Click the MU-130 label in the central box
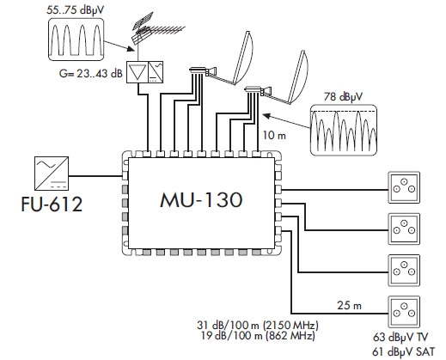pyautogui.click(x=201, y=200)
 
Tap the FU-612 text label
pyautogui.click(x=52, y=204)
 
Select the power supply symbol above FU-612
pyautogui.click(x=52, y=174)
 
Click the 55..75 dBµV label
pyautogui.click(x=76, y=10)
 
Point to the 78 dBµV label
pyautogui.click(x=343, y=97)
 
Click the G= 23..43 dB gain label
pyautogui.click(x=91, y=74)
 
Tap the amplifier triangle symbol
pyautogui.click(x=137, y=72)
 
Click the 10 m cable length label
pyautogui.click(x=274, y=135)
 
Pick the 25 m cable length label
pyautogui.click(x=349, y=305)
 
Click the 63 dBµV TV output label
pyautogui.click(x=400, y=337)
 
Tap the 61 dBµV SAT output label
pyautogui.click(x=403, y=351)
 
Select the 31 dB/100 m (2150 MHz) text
pyautogui.click(x=258, y=326)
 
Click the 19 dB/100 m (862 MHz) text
pyautogui.click(x=258, y=335)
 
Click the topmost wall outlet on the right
pyautogui.click(x=404, y=187)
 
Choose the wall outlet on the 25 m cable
pyautogui.click(x=404, y=312)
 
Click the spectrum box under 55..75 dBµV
pyautogui.click(x=76, y=40)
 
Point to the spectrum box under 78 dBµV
pyautogui.click(x=344, y=130)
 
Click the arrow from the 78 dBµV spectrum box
pyautogui.click(x=286, y=121)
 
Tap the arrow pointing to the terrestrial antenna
pyautogui.click(x=119, y=46)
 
